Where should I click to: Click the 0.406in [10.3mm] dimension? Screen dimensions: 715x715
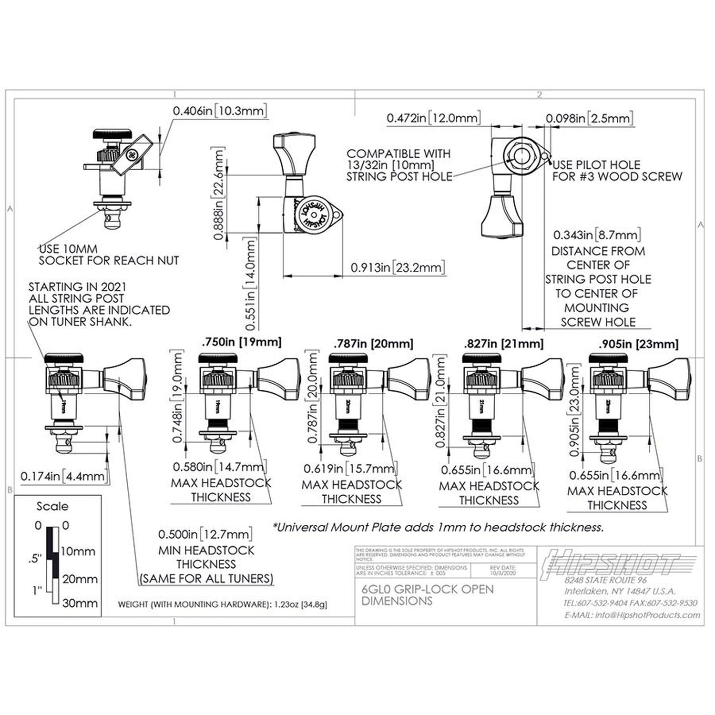click(219, 111)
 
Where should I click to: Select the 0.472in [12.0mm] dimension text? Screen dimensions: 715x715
click(433, 118)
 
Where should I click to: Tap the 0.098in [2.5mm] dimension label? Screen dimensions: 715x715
click(589, 118)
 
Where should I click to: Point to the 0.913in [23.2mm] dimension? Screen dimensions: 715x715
click(398, 267)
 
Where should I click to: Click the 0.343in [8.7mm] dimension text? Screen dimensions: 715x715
click(596, 235)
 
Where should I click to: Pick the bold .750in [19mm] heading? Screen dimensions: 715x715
click(242, 342)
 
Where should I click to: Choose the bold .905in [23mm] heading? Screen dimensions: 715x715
click(638, 344)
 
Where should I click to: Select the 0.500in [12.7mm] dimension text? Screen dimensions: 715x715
click(205, 534)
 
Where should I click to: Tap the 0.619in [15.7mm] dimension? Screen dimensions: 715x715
click(350, 469)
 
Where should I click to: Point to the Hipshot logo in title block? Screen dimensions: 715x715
click(615, 564)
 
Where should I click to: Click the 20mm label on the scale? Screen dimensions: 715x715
click(80, 579)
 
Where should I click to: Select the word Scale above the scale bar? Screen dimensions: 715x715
click(52, 506)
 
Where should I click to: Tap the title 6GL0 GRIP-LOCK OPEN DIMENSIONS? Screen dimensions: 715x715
click(427, 595)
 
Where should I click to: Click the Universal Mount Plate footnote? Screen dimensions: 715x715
click(438, 527)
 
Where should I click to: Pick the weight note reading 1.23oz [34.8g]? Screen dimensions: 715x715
click(222, 604)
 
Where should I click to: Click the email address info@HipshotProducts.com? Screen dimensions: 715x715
click(632, 615)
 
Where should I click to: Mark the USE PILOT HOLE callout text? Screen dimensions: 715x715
click(617, 171)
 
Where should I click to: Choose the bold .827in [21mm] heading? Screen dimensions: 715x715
click(503, 344)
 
